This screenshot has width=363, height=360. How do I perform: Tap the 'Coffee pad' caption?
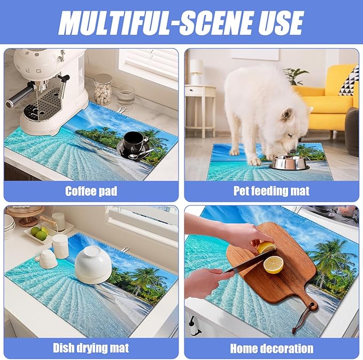pyautogui.click(x=91, y=191)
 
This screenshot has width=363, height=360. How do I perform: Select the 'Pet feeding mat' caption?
pyautogui.click(x=271, y=191)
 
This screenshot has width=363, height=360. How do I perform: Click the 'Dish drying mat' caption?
pyautogui.click(x=91, y=348)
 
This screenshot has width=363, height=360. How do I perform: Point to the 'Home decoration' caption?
pyautogui.click(x=271, y=348)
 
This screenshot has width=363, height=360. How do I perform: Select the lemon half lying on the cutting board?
pyautogui.click(x=274, y=264)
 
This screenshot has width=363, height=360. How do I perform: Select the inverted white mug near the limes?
pyautogui.click(x=48, y=259)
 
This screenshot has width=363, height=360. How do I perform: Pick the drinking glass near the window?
pyautogui.click(x=126, y=96)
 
